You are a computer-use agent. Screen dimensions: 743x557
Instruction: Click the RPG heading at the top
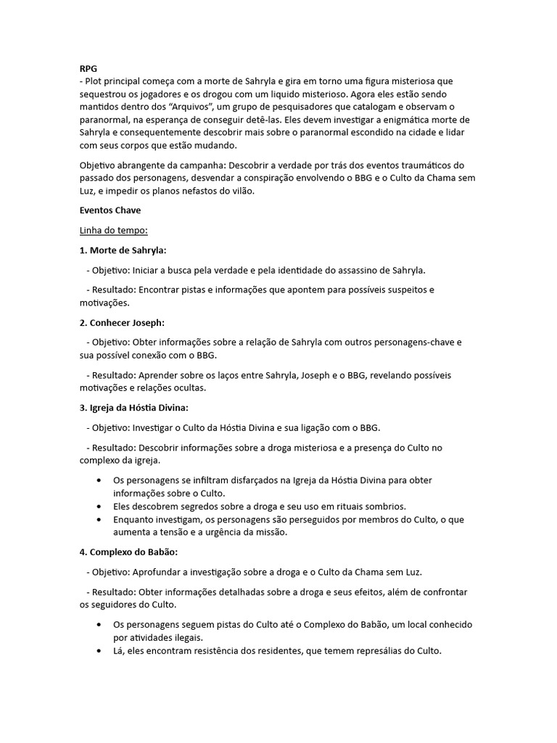point(88,68)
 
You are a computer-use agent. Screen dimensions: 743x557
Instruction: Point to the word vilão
point(240,191)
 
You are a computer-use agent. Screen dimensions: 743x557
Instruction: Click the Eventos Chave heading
point(110,210)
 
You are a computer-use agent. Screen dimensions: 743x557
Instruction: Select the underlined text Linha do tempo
point(114,231)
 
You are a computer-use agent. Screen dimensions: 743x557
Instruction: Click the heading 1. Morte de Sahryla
point(123,250)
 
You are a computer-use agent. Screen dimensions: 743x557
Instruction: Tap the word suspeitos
point(403,290)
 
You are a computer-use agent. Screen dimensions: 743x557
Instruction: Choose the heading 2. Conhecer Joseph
point(117,322)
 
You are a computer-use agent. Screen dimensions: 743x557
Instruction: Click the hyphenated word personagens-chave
point(406,342)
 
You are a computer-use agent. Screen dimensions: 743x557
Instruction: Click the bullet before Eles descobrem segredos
point(99,506)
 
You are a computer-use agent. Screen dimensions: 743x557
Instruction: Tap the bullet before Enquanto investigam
point(99,520)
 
